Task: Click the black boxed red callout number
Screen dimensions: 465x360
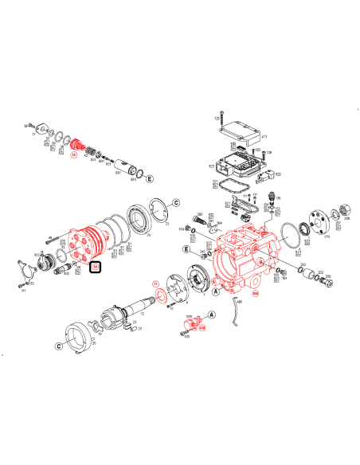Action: click(x=96, y=268)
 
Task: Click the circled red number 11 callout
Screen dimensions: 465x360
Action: click(x=156, y=283)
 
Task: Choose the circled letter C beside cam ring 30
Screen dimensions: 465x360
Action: click(x=58, y=346)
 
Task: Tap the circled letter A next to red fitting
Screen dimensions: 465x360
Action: click(x=190, y=315)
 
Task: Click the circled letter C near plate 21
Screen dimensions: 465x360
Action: click(x=177, y=202)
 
